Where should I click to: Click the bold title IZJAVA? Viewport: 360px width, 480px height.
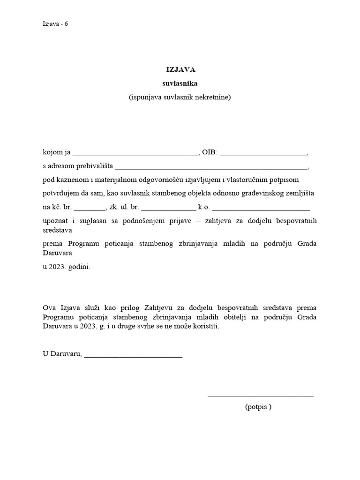180,69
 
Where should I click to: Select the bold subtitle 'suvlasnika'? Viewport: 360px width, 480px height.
180,83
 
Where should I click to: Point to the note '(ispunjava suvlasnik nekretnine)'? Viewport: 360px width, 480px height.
180,97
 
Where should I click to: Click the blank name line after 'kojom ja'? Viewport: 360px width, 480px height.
136,154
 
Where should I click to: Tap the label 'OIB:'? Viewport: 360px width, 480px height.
210,152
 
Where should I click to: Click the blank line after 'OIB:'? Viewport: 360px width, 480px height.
263,154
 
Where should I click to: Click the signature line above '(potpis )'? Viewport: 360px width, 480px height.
261,397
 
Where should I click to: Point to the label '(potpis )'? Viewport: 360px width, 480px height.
258,407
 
